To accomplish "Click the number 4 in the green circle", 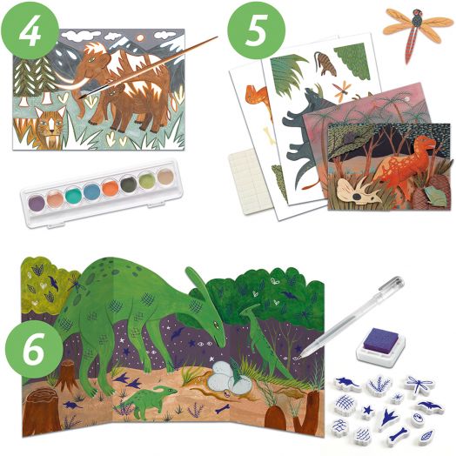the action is [x=30, y=30].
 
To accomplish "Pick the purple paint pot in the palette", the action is [x=37, y=203].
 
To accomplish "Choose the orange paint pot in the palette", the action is [x=110, y=188].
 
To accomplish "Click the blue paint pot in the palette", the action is [x=91, y=191].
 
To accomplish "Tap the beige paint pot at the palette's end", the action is [x=165, y=177].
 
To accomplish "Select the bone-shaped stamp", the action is [x=398, y=435].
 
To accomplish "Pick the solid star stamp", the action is [x=368, y=411].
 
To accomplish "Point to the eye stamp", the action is [x=417, y=419].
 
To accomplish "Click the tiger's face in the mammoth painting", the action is [x=50, y=123].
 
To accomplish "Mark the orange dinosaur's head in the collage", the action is [x=426, y=144].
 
